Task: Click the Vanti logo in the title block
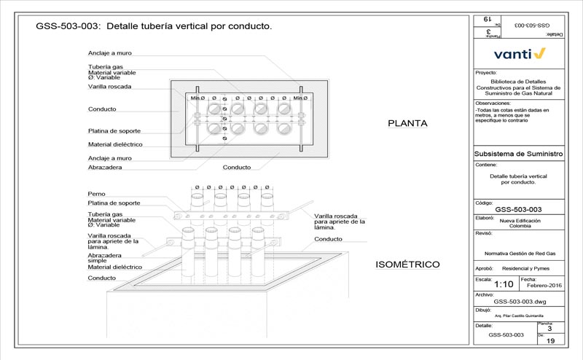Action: pos(518,53)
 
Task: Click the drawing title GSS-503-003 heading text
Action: pos(154,26)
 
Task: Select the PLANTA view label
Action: pos(407,123)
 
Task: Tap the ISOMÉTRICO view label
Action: pos(406,263)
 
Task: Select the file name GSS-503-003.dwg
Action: pos(518,300)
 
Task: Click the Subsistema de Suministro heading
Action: pos(518,154)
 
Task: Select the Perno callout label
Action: pos(96,194)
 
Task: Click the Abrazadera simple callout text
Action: pos(104,257)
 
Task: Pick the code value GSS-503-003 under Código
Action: pos(518,209)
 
